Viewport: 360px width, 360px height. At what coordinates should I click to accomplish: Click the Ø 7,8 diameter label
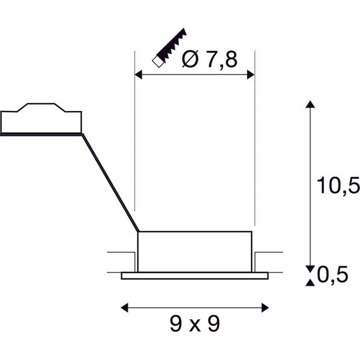point(209,59)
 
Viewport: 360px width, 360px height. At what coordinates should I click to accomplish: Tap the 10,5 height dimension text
point(338,185)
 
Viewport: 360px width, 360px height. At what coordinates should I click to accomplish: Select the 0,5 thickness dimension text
point(332,274)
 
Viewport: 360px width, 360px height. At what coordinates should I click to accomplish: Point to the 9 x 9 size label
point(195,324)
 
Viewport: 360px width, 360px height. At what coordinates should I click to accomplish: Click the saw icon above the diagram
point(169,47)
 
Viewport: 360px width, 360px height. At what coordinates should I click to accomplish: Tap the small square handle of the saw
point(158,62)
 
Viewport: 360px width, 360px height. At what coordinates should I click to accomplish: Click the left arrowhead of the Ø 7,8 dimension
point(138,74)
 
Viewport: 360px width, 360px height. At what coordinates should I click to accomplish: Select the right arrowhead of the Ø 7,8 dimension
point(251,74)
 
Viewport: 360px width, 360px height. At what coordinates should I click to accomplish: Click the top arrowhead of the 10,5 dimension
point(310,104)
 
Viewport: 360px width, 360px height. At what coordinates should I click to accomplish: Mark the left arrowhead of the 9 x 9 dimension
point(124,308)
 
